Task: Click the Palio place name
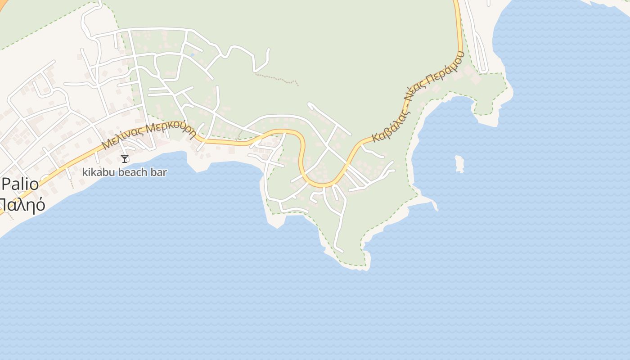pyautogui.click(x=20, y=185)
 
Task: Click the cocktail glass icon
pyautogui.click(x=125, y=158)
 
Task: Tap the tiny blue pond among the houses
pyautogui.click(x=193, y=55)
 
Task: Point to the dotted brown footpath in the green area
pyautogui.click(x=277, y=79)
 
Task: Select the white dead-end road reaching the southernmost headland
pyautogui.click(x=340, y=225)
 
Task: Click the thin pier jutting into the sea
pyautogui.click(x=435, y=206)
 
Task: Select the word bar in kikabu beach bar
pyautogui.click(x=160, y=172)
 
